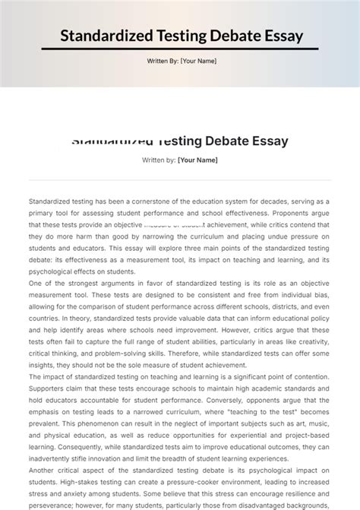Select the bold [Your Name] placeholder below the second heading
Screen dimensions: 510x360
[x=197, y=160]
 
